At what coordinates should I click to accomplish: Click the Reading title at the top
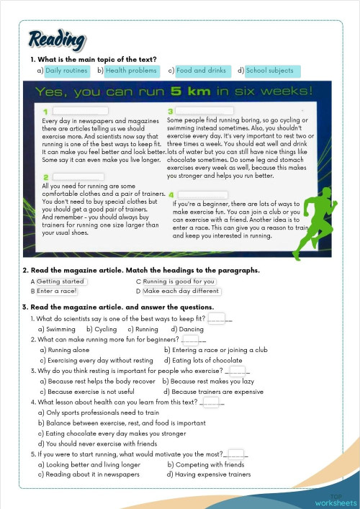(58, 40)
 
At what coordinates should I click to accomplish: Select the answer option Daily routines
(67, 71)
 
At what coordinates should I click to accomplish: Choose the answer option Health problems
(131, 71)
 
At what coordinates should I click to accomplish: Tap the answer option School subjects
(269, 71)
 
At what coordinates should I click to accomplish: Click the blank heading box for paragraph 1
(79, 111)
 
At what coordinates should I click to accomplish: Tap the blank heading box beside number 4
(202, 194)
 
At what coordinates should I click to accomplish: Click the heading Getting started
(61, 281)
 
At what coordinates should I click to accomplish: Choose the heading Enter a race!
(57, 291)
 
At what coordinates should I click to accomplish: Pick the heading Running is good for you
(179, 281)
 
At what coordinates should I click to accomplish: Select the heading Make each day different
(181, 291)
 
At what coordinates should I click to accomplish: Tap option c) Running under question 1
(140, 328)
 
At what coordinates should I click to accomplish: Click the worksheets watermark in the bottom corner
(336, 500)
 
